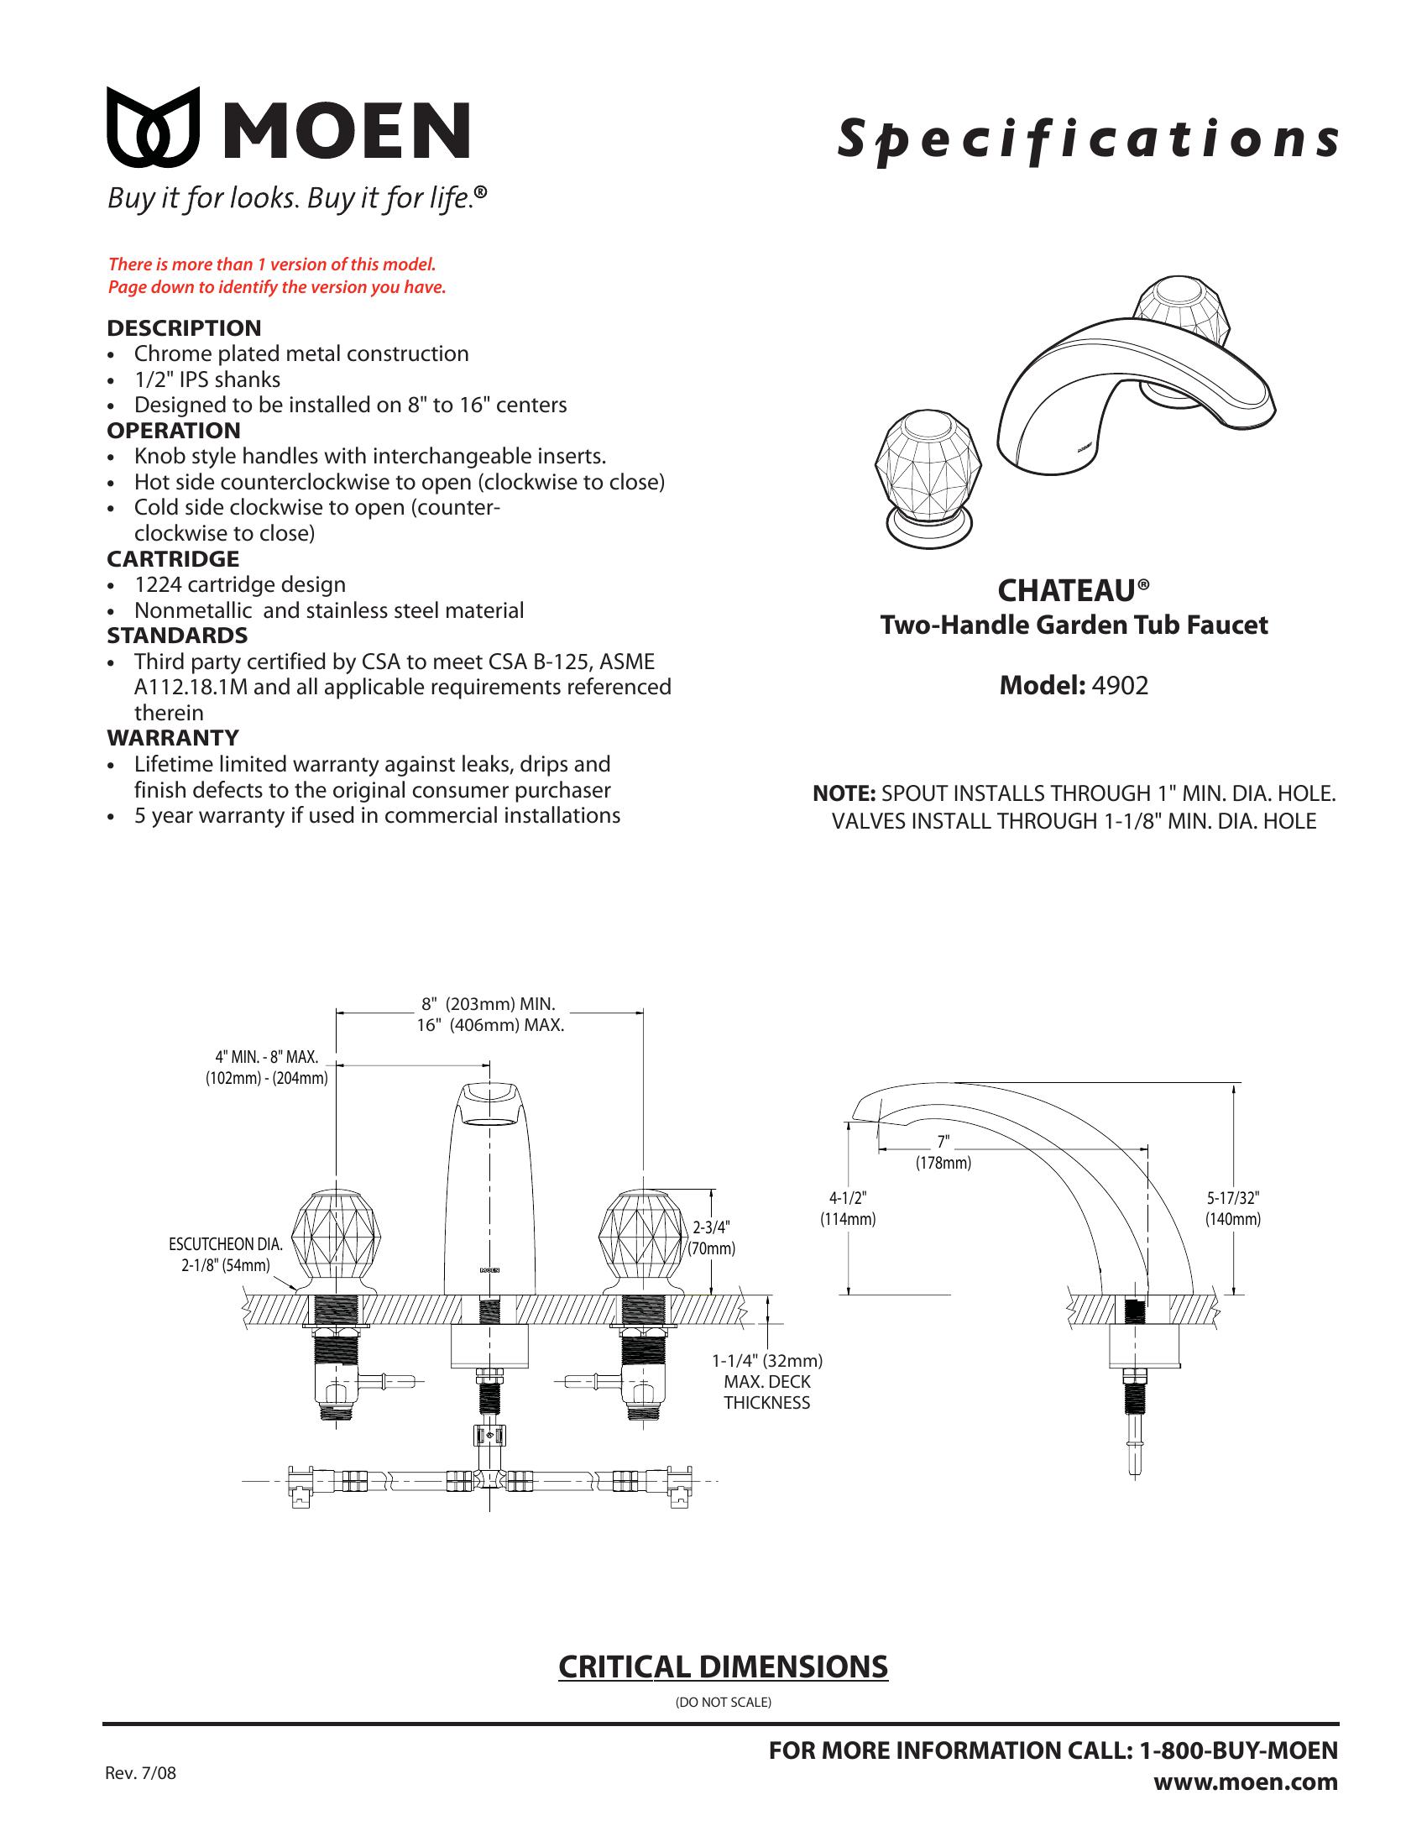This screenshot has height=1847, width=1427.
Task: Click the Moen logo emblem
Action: [153, 127]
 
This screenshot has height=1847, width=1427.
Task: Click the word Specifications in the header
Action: [1087, 139]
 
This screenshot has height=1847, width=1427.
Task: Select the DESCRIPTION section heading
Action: [184, 328]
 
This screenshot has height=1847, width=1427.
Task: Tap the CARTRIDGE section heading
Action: [172, 559]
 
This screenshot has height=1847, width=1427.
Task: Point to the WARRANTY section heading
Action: [172, 737]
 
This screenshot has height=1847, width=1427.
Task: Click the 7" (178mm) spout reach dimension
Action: [943, 1153]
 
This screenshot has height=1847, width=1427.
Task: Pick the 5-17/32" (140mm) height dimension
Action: [1232, 1207]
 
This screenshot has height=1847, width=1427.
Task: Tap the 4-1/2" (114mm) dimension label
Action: [848, 1207]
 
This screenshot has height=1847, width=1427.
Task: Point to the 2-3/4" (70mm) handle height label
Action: [711, 1237]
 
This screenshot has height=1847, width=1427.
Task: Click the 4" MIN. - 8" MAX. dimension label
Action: [266, 1067]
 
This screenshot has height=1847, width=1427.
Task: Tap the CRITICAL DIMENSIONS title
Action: [723, 1666]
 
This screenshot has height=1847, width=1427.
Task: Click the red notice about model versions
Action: [276, 275]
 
